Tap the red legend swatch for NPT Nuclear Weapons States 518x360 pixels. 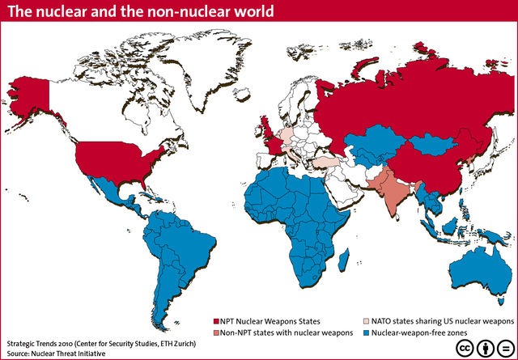[216, 321]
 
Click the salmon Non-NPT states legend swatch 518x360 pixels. [216, 332]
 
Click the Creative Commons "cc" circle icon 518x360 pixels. [465, 347]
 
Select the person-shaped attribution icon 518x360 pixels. [485, 347]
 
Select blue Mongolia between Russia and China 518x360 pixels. [437, 146]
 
